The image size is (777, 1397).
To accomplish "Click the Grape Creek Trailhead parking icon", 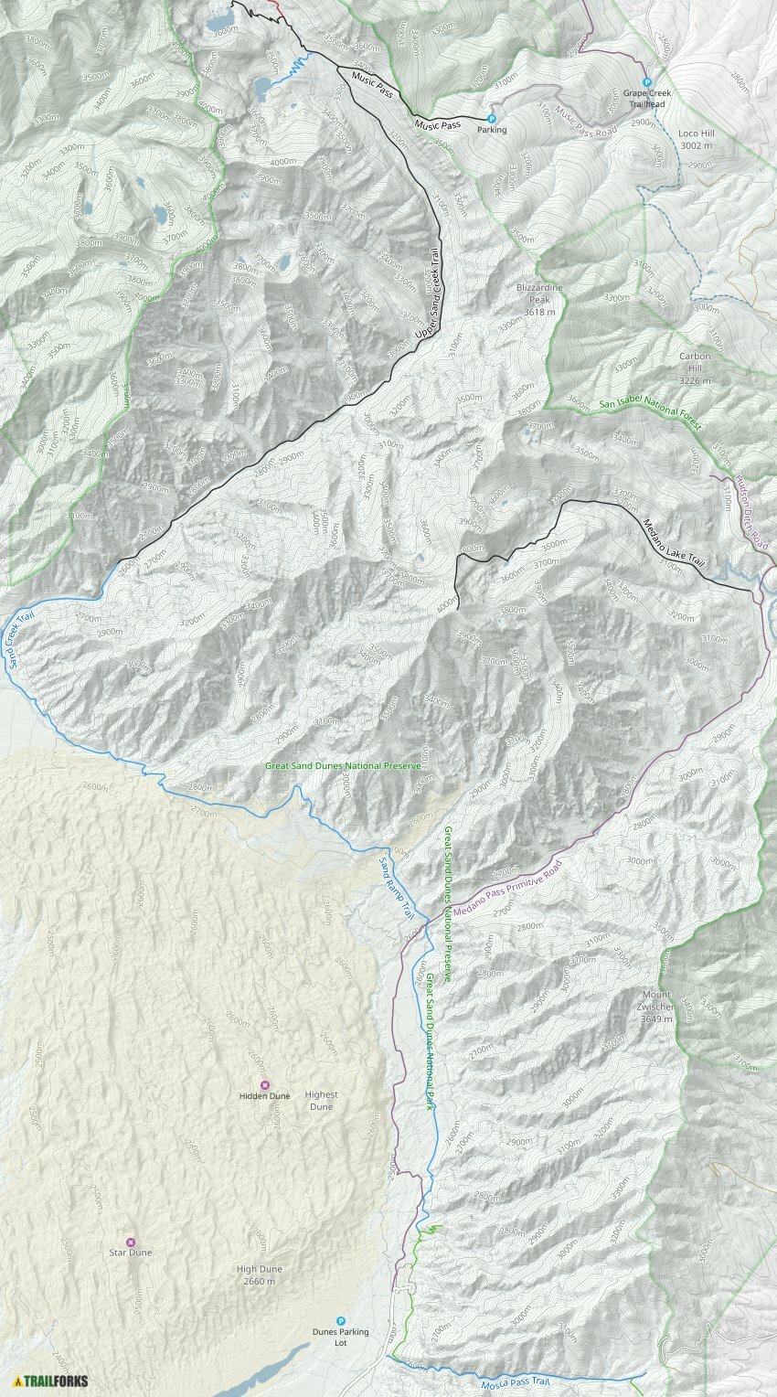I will click(x=647, y=81).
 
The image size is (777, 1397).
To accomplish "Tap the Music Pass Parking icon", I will click(x=491, y=118).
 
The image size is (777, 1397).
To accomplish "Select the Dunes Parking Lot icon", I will click(x=341, y=1321).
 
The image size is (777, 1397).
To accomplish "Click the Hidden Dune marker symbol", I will click(x=265, y=1084).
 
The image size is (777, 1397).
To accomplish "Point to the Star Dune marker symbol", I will click(x=130, y=1242).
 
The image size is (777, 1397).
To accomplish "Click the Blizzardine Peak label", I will click(x=539, y=300).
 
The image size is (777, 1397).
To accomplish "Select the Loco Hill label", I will click(x=696, y=139).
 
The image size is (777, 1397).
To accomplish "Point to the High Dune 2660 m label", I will click(x=260, y=1274).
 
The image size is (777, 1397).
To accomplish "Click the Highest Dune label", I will click(x=321, y=1100).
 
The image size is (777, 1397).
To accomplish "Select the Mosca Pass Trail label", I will click(x=516, y=1383).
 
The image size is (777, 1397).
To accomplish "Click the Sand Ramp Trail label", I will click(x=397, y=888).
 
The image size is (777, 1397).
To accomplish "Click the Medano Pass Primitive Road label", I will click(x=518, y=880).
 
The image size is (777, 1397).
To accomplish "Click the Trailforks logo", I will click(x=51, y=1381).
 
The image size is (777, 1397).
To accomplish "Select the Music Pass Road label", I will click(x=587, y=126).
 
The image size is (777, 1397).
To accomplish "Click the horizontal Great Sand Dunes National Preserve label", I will click(x=343, y=765).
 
